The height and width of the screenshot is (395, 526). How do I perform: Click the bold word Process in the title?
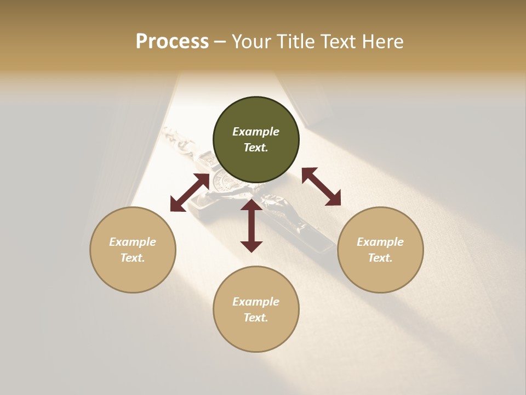point(172,42)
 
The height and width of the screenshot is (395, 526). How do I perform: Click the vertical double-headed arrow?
point(251,225)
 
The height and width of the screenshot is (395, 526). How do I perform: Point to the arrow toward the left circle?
point(190,193)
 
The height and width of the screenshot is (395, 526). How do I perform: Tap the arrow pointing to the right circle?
point(321,187)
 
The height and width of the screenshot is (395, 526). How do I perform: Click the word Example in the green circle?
point(256,132)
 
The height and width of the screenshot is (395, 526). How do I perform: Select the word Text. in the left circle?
point(133,258)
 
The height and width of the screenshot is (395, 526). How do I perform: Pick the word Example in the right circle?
point(380,242)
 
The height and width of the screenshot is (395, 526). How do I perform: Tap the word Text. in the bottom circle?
point(256,318)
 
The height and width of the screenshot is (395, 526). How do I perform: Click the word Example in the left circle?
point(133,242)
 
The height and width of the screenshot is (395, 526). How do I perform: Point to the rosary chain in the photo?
point(178,140)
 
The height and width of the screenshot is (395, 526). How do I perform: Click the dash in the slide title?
point(220,42)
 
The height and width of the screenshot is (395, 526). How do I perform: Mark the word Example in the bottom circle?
point(256,302)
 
